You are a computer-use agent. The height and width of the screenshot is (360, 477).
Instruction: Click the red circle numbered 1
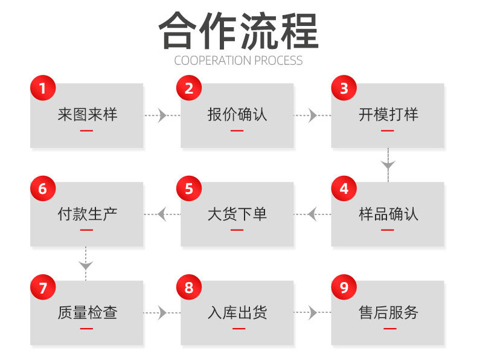coord(42,89)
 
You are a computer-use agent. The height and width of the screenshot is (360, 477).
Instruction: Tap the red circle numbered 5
coord(189,188)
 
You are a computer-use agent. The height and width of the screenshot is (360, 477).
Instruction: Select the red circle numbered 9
coord(344,288)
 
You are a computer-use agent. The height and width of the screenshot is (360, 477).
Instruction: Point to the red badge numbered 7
coord(42,288)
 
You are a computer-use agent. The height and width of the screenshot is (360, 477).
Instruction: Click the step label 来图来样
coord(87,114)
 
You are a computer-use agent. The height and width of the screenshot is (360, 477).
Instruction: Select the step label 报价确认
coord(237,114)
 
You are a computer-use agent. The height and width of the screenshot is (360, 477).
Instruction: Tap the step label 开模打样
coord(388,114)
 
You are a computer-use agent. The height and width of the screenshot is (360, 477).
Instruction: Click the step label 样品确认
coord(388,214)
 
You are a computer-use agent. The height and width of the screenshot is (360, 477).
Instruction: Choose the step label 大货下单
coord(237,214)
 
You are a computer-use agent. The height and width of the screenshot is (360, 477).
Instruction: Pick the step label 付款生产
coord(87,214)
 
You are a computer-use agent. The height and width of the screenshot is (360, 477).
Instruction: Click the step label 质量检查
coord(87,312)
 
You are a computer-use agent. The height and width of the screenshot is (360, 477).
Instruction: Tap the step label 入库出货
coord(237,312)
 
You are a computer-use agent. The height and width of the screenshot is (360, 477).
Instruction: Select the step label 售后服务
coord(388,312)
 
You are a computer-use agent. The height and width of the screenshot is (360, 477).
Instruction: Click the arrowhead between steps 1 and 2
coord(162,115)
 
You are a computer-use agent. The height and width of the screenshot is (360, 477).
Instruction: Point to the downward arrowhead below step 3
coord(388,164)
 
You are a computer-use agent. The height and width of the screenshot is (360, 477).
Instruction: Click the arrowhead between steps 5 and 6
coord(162,214)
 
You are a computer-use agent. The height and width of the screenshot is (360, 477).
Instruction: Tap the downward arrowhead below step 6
coord(86,264)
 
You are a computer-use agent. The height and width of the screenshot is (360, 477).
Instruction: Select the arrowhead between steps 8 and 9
coord(312,312)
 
